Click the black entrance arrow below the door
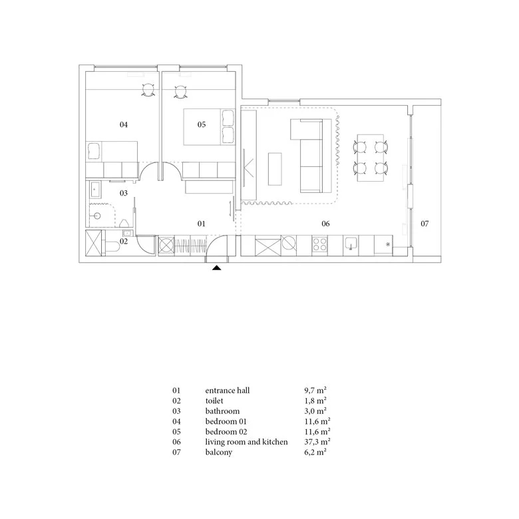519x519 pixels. (217, 267)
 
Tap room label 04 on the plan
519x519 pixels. (124, 124)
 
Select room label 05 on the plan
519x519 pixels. (202, 124)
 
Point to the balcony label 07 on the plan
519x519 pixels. (425, 224)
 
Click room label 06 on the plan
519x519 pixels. (325, 224)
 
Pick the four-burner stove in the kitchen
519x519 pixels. (320, 245)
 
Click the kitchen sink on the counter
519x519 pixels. (351, 244)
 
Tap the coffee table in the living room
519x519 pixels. (275, 169)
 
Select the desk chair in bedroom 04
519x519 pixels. (148, 90)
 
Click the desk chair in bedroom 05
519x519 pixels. (180, 91)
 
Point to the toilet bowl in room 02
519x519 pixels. (112, 247)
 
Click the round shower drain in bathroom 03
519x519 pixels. (97, 216)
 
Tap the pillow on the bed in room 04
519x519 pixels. (94, 151)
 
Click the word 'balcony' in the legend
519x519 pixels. (219, 452)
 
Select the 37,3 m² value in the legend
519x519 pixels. (317, 442)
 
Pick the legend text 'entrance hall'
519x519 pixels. (228, 391)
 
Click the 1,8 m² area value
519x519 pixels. (315, 401)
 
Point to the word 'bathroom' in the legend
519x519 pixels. (222, 411)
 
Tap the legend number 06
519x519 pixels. (176, 442)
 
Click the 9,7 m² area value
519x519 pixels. (315, 391)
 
